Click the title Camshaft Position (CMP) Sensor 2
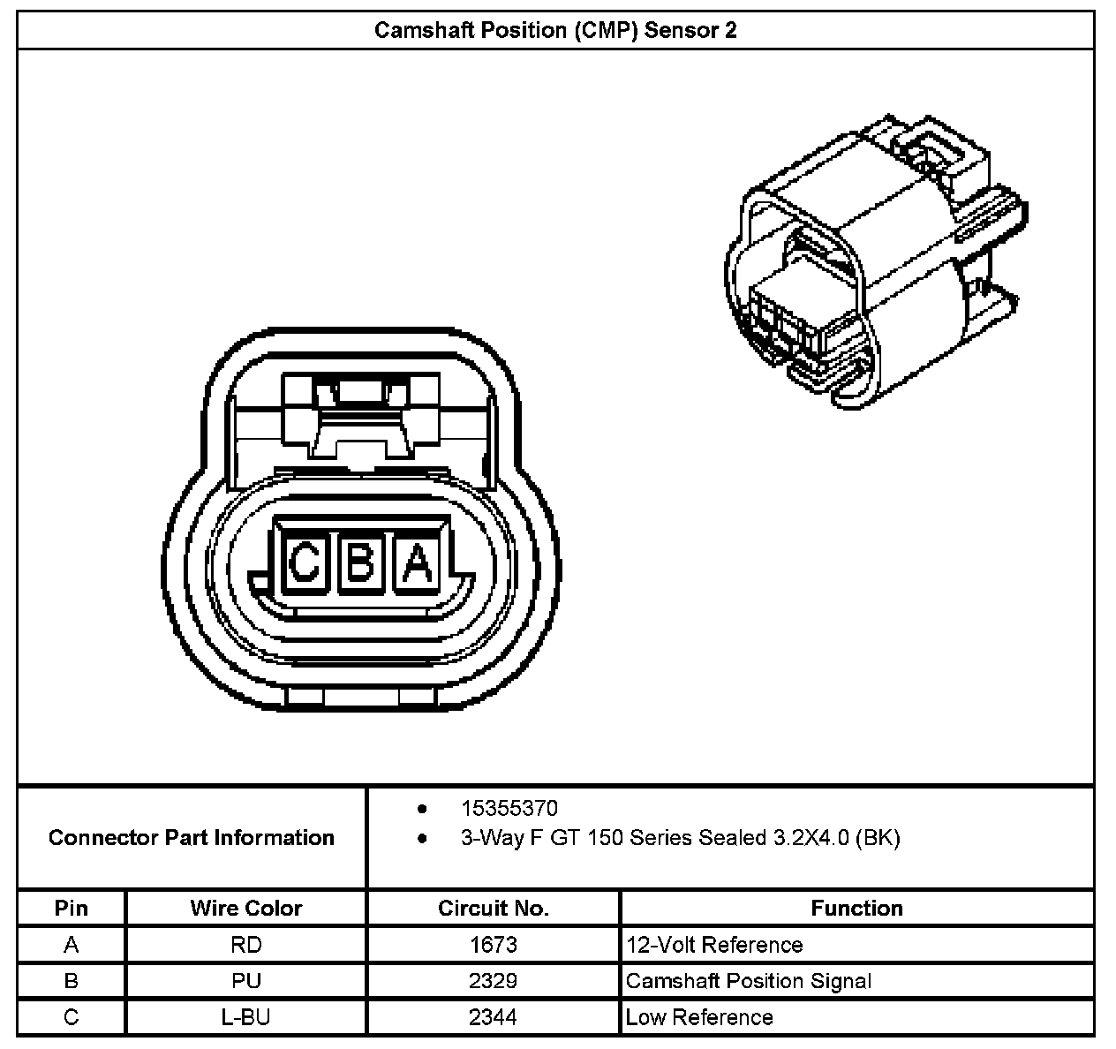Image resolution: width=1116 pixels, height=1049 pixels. click(555, 31)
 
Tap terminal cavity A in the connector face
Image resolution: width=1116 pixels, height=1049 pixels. click(418, 562)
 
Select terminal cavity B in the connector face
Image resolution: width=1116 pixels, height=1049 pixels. click(360, 562)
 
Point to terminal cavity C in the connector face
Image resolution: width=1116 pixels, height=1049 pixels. click(305, 562)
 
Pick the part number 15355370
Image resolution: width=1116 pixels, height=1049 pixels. click(509, 808)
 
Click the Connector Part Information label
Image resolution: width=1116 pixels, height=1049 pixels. click(192, 837)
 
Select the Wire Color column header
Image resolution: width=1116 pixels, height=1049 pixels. click(245, 908)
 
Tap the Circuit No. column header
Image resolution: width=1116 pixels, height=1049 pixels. click(493, 908)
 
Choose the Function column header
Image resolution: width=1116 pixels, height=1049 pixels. click(856, 908)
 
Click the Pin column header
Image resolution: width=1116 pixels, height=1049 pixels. click(72, 908)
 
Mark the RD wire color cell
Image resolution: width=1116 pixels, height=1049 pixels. click(245, 945)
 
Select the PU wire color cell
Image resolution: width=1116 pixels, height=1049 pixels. click(245, 981)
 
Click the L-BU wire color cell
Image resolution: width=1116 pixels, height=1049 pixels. click(245, 1017)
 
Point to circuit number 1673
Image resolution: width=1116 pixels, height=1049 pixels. click(493, 945)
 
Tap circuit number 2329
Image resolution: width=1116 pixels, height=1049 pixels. click(493, 981)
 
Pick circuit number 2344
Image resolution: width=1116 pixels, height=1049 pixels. click(493, 1017)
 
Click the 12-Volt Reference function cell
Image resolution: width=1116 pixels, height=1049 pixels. click(714, 945)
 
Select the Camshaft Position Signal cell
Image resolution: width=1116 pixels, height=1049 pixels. click(749, 981)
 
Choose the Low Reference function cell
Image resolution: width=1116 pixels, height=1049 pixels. click(699, 1017)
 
